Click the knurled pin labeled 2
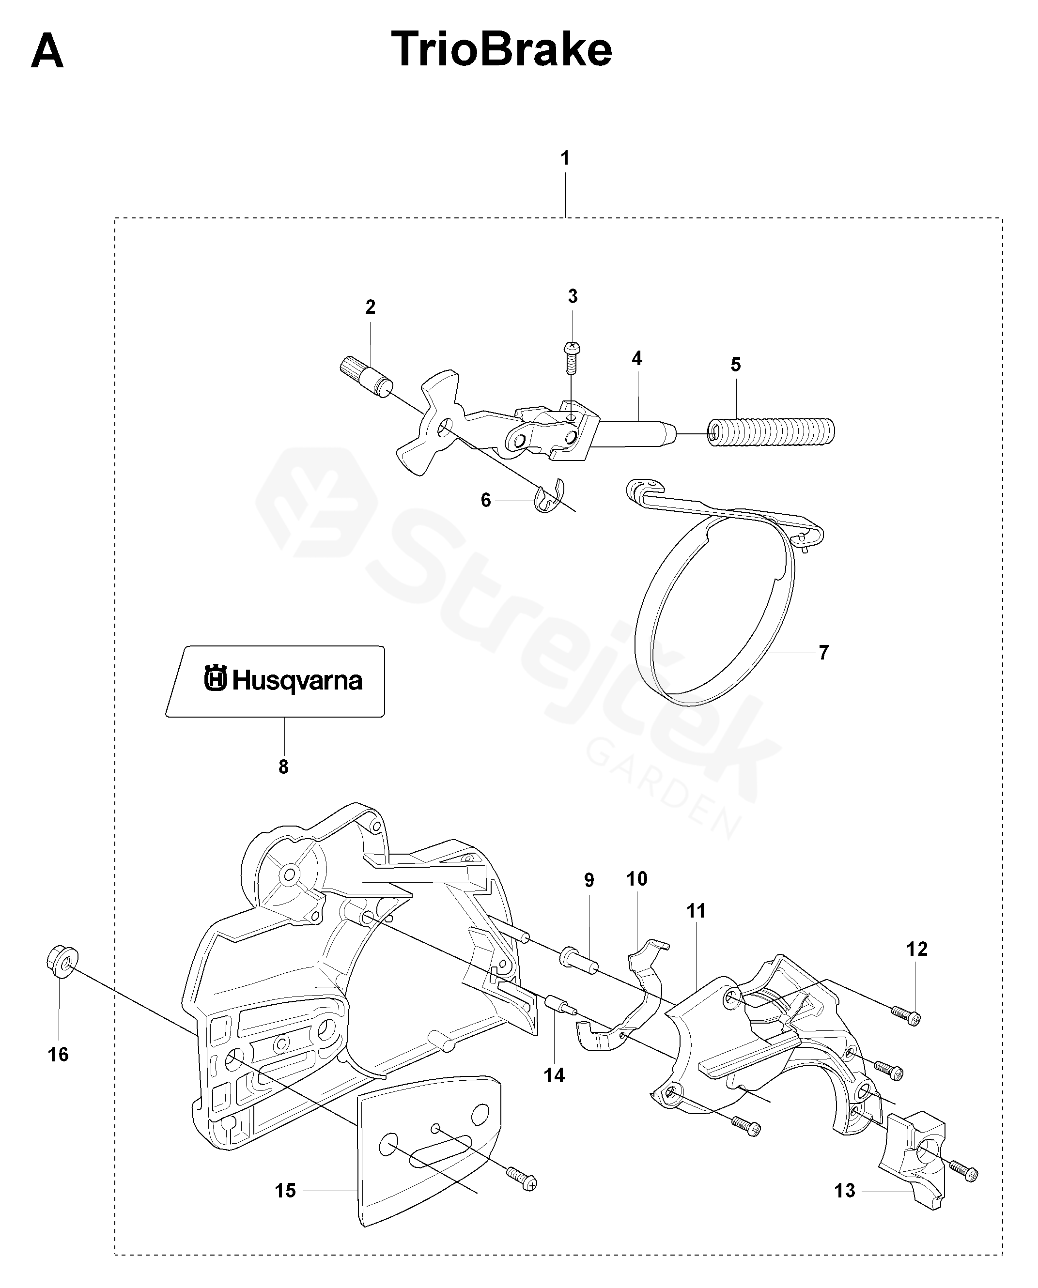coord(365,375)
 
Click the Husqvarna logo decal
coord(283,680)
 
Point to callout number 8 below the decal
coord(283,767)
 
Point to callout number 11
coord(696,911)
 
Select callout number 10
coord(637,878)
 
